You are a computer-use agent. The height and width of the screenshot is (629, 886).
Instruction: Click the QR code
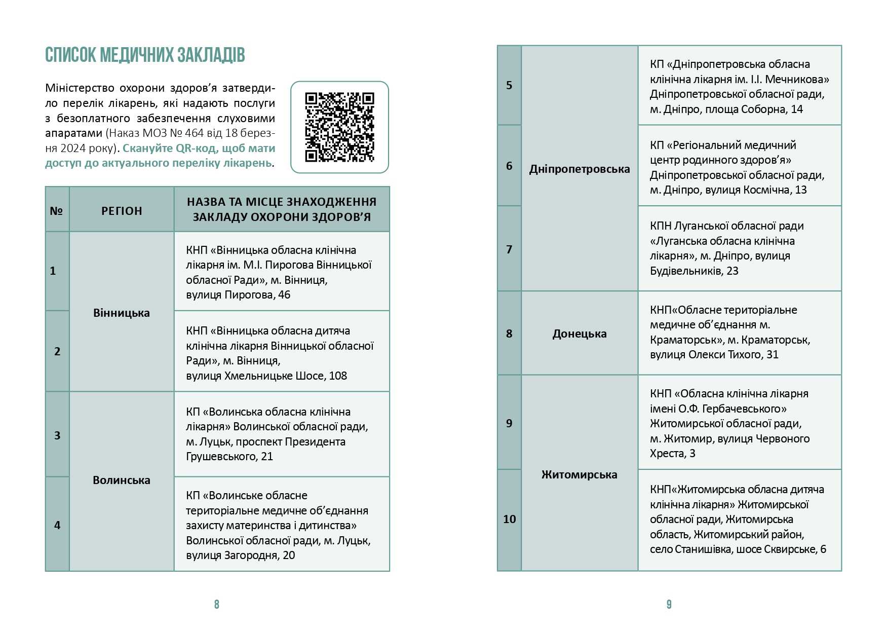(x=339, y=127)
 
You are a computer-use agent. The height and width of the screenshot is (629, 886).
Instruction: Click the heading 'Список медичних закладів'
(x=145, y=55)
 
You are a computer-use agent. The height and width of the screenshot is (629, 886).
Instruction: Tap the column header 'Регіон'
(x=122, y=211)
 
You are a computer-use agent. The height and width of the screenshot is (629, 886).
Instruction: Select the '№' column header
(x=56, y=211)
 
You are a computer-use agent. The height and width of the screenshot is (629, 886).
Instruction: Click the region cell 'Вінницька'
(x=122, y=313)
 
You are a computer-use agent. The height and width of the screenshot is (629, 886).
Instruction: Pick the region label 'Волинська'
(x=122, y=480)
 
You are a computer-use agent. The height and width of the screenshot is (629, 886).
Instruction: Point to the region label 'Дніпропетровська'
(x=580, y=169)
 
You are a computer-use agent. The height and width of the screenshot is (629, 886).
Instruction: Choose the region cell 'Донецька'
(x=580, y=334)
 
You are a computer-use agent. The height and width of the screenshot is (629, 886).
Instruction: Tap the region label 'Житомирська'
(x=580, y=474)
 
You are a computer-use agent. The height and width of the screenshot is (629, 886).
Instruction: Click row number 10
(x=509, y=519)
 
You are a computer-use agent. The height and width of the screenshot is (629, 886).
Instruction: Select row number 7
(x=509, y=249)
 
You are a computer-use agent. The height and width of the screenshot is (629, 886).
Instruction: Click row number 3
(x=57, y=435)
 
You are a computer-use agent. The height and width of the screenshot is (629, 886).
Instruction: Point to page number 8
(x=217, y=604)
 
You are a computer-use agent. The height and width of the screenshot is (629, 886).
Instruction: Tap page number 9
(x=669, y=604)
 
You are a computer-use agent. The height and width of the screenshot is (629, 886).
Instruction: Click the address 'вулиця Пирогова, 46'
(x=238, y=295)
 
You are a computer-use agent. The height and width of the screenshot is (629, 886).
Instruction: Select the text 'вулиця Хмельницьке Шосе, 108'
(x=266, y=376)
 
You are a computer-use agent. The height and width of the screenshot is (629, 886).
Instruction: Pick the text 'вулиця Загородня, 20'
(x=240, y=556)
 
